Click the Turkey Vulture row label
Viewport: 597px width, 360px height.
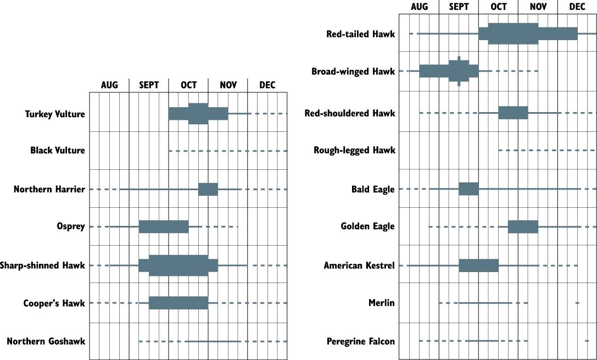coord(55,114)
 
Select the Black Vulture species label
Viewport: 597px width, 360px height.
coord(58,151)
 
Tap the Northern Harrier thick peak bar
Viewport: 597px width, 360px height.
coord(208,190)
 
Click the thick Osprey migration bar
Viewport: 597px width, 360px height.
coord(164,226)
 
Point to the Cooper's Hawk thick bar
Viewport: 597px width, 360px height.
coord(178,303)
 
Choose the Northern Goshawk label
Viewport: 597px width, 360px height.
coord(46,341)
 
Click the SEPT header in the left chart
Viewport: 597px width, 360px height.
coord(149,85)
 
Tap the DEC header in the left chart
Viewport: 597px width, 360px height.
coord(267,85)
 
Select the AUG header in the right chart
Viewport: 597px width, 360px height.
coord(419,7)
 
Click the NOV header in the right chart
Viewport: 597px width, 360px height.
coord(538,7)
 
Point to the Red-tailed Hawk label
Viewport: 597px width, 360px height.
coord(360,34)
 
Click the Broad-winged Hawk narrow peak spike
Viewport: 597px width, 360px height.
coord(459,71)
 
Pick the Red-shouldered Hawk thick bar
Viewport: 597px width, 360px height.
coord(513,113)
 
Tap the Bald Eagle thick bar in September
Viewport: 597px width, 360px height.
coord(468,189)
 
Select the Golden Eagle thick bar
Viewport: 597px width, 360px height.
coord(523,226)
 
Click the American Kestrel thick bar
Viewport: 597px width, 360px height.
coord(478,265)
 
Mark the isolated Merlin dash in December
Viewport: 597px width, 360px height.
coord(577,303)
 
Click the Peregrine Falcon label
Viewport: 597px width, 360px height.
coord(360,341)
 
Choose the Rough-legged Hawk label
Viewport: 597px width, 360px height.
coord(354,151)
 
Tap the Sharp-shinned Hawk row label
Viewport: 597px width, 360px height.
coord(43,265)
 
